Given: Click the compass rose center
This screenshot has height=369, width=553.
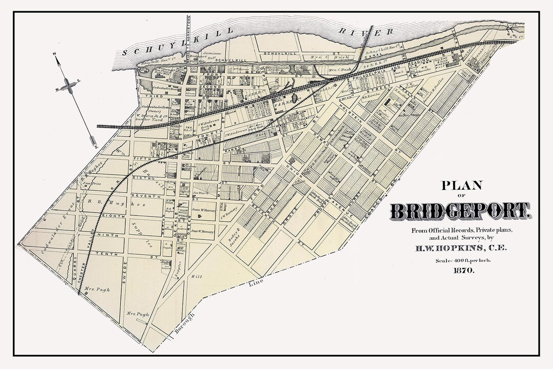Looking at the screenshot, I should [67, 86].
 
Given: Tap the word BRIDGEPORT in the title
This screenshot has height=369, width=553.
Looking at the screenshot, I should [459, 211].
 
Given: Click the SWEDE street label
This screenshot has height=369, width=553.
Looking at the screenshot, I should [125, 275].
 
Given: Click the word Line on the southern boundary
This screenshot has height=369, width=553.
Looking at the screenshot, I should [257, 283].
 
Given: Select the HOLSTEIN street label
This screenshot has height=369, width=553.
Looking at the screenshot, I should [352, 112].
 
